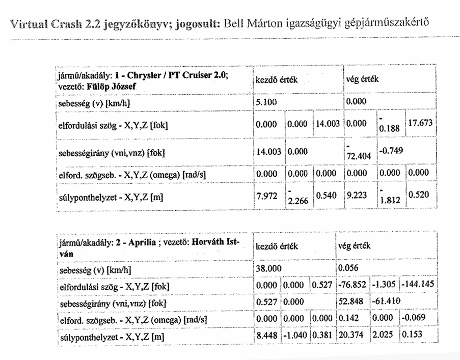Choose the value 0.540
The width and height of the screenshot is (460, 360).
click(x=327, y=196)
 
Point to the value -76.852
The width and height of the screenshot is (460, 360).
click(x=353, y=284)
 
